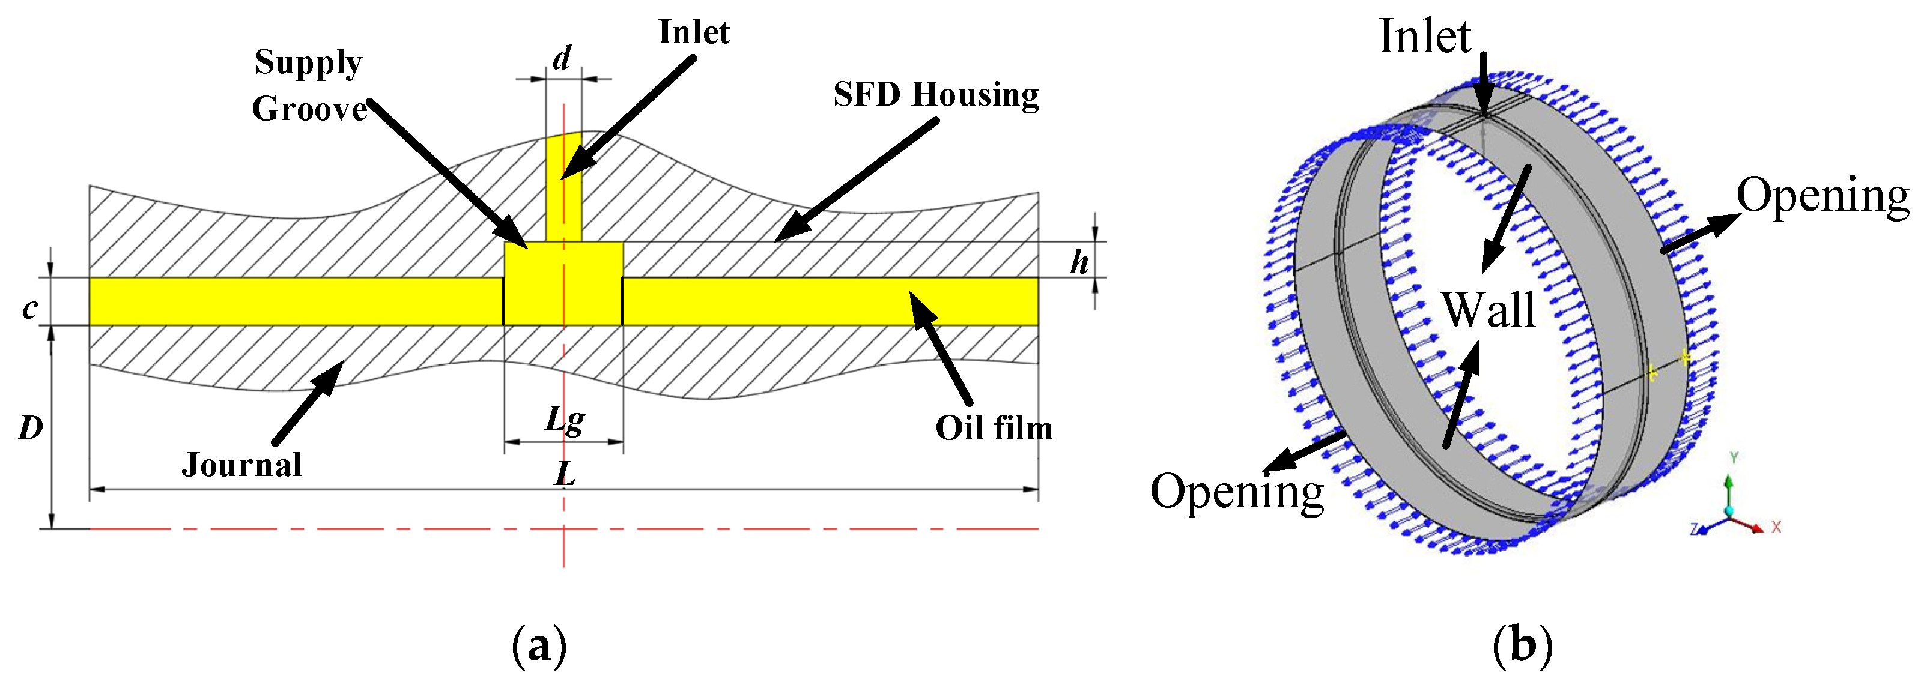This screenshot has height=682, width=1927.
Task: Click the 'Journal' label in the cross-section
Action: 241,465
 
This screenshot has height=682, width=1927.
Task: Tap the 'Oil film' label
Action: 994,429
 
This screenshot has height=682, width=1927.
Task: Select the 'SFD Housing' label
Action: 936,95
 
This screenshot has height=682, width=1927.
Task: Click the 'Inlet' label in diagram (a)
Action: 693,33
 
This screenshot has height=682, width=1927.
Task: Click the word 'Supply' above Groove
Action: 308,63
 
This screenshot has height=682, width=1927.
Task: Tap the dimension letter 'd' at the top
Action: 562,58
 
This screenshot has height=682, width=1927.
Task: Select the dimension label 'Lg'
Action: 565,420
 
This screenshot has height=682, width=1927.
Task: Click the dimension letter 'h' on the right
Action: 1079,262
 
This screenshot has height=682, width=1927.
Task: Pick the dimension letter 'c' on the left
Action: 30,308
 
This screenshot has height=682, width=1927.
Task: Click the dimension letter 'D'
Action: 31,429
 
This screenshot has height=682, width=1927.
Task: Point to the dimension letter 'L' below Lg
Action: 565,473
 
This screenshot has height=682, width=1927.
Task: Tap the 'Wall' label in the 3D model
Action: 1488,310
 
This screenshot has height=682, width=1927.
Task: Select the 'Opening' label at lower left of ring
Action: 1237,493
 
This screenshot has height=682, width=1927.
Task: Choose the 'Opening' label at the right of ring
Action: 1822,196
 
